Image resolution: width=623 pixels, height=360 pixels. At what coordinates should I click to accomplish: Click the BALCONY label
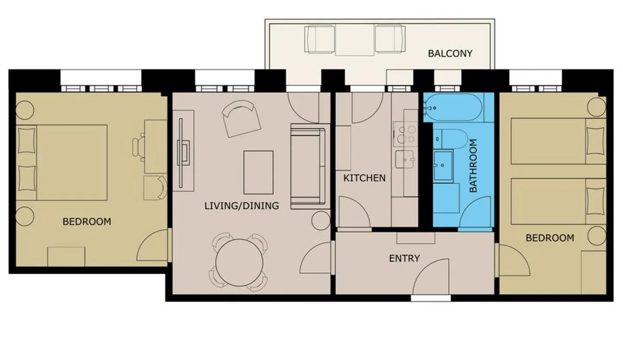point(450,53)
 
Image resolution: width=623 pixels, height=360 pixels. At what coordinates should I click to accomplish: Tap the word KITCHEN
point(364,178)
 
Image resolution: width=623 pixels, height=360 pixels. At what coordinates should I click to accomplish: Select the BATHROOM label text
point(473,166)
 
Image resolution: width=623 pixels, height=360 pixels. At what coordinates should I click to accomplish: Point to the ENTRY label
point(405,258)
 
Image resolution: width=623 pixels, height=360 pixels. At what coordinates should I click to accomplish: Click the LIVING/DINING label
point(241,206)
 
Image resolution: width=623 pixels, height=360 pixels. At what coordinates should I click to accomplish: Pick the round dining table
point(239,263)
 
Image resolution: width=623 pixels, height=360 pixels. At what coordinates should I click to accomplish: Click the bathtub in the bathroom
point(453,107)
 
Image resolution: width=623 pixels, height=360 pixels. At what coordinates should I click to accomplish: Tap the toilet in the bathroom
point(450,139)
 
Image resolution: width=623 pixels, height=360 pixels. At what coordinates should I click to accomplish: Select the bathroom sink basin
point(443,166)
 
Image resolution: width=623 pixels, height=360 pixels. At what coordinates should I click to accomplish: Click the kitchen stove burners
point(406,134)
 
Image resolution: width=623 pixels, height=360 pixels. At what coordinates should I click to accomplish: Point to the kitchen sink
point(405,159)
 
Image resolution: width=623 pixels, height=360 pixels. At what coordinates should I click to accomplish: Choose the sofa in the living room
point(308,166)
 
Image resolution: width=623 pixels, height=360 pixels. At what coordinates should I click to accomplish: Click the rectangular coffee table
point(258,173)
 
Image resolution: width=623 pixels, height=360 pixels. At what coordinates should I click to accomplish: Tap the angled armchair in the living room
point(241,119)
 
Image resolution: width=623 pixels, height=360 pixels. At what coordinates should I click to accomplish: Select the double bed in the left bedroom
point(62,162)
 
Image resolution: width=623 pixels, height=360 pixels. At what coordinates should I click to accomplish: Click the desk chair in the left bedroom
point(138,147)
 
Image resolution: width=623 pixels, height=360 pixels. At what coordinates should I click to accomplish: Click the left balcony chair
point(320,39)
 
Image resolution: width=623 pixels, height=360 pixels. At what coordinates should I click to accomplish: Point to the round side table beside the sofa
point(321,220)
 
